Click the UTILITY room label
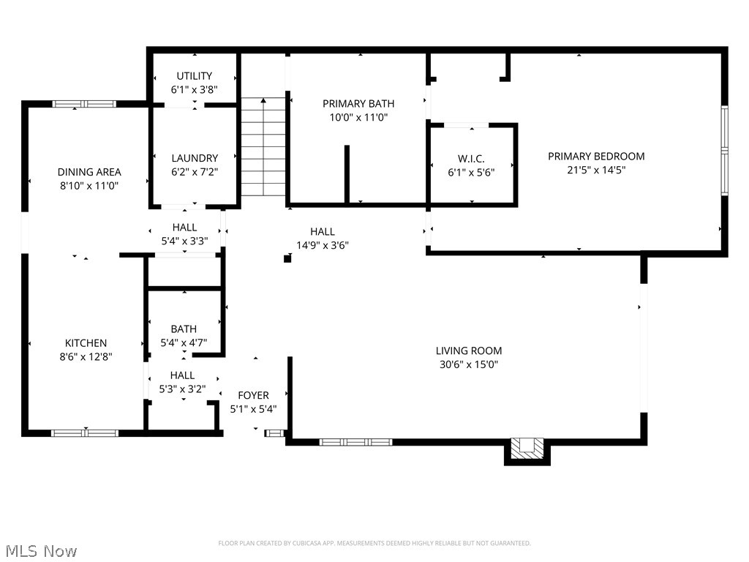(x=194, y=76)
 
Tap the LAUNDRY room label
(x=195, y=158)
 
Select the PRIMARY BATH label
(x=358, y=104)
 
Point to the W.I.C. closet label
(x=471, y=159)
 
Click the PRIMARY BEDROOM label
(x=596, y=156)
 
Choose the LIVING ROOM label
(x=469, y=351)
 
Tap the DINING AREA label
(x=89, y=172)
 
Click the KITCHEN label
(x=86, y=343)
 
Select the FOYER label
(x=253, y=396)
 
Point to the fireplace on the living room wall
(x=527, y=449)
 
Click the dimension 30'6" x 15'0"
(x=469, y=364)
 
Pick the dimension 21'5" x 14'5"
(x=596, y=169)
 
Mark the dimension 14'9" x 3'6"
(x=322, y=245)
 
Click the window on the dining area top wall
(x=84, y=104)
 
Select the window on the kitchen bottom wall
(x=84, y=432)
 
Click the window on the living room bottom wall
(x=355, y=442)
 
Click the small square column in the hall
(x=287, y=258)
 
